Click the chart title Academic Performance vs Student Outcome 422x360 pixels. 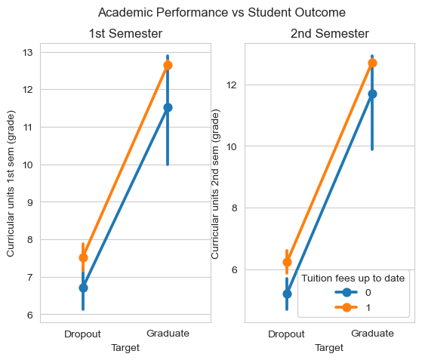(222, 12)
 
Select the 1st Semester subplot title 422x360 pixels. (125, 34)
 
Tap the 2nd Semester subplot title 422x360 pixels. (330, 34)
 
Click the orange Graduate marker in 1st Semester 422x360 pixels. (168, 66)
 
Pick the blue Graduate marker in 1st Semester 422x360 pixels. (168, 108)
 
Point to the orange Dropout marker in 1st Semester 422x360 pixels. (83, 258)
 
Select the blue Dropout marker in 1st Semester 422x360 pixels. (83, 288)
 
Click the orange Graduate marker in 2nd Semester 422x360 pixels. (372, 63)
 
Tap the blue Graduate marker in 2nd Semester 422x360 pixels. (372, 94)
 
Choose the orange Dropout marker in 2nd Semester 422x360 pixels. (287, 262)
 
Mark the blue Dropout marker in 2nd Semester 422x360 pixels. (287, 294)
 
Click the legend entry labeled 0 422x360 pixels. (353, 293)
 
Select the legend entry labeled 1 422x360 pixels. (353, 307)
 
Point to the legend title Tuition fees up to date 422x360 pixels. (353, 278)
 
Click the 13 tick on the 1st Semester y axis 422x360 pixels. (28, 53)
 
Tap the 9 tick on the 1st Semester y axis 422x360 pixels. (30, 202)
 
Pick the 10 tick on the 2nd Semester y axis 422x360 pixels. (232, 146)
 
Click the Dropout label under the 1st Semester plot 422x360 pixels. (82, 334)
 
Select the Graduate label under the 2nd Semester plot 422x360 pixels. (372, 334)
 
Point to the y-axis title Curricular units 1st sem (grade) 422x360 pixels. (11, 183)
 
